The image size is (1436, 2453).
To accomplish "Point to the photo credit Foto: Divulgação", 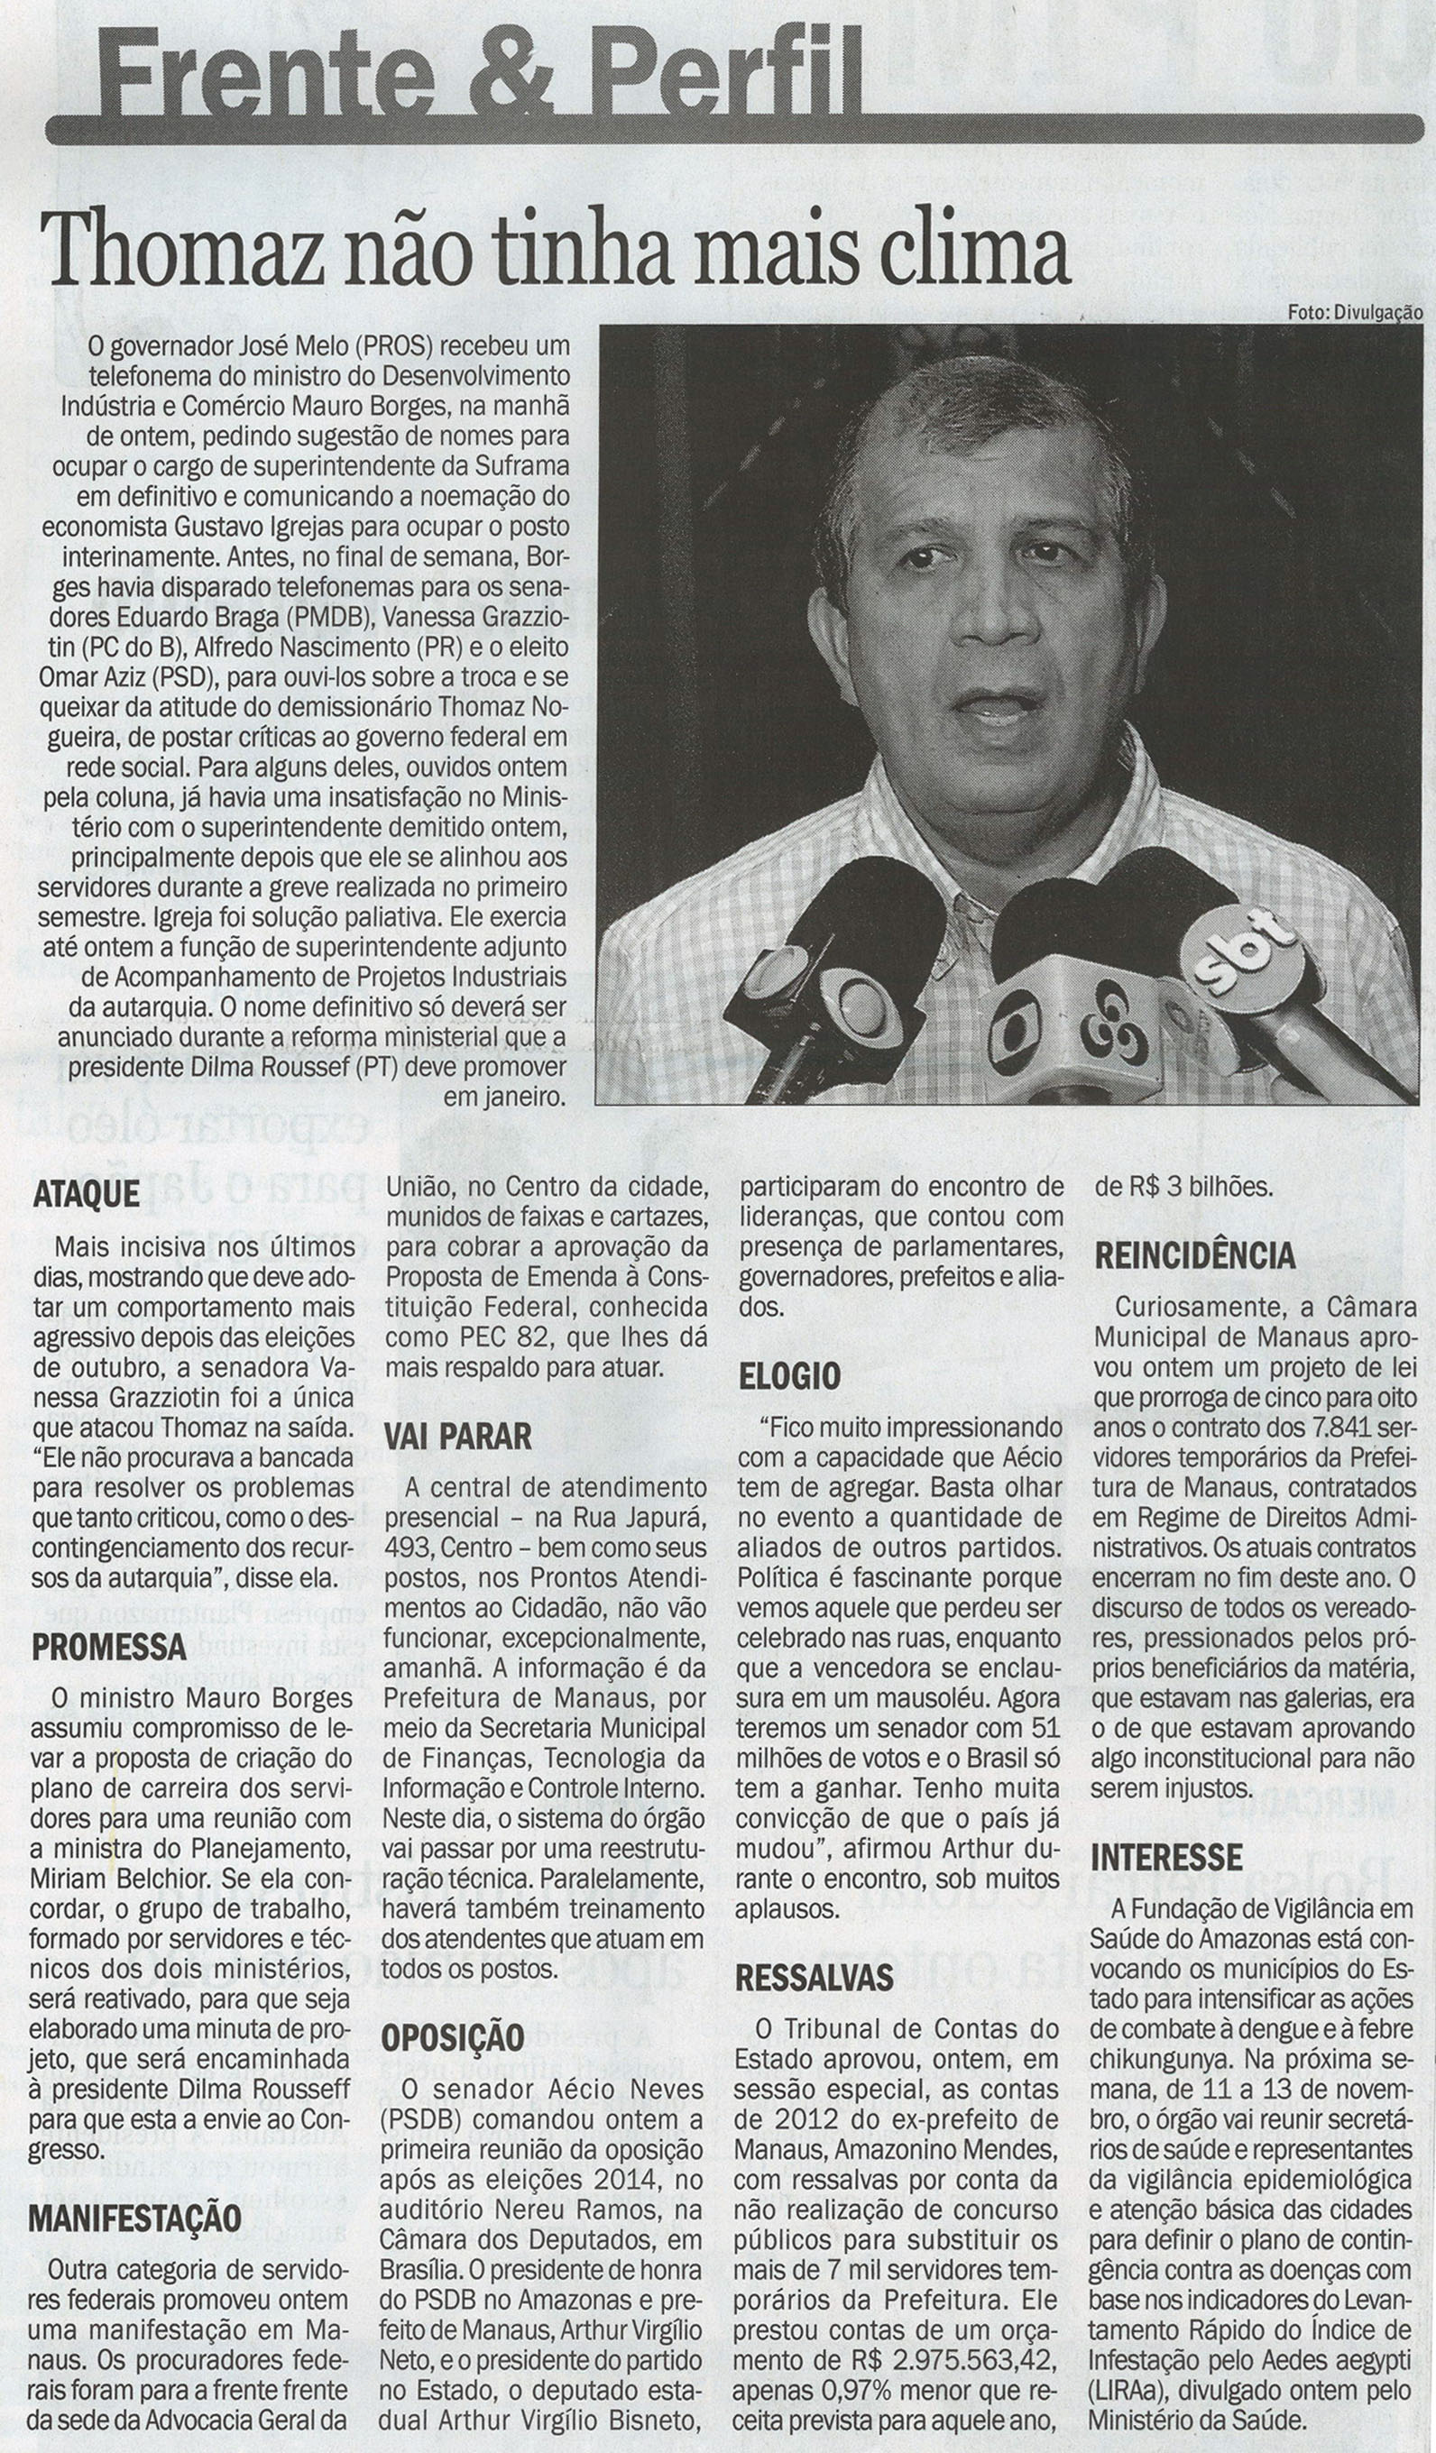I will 1354,312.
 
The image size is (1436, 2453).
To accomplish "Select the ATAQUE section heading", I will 87,1195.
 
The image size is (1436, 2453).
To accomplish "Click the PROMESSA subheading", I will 109,1647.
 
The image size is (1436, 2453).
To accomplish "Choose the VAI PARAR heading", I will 458,1437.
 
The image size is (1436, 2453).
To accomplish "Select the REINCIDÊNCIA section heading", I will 1194,1256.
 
